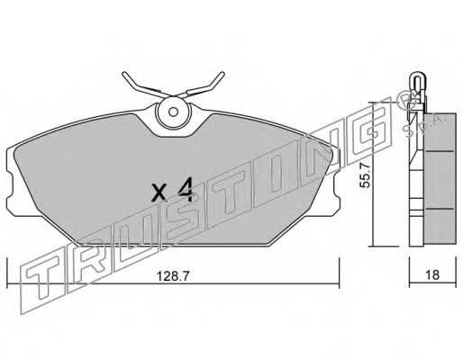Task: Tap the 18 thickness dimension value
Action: (432, 274)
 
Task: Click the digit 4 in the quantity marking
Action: (186, 189)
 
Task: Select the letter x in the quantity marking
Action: (159, 193)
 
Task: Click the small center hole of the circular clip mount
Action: (173, 112)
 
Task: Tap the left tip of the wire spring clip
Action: (123, 74)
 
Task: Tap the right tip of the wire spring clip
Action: (222, 73)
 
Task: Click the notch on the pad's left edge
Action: (11, 186)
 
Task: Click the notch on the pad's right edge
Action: (336, 186)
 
